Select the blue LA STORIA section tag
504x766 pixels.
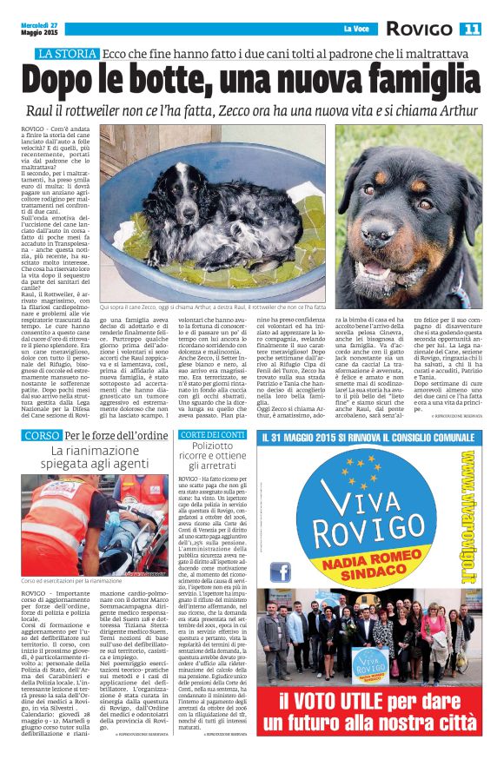pos(66,54)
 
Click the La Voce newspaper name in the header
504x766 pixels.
pos(356,30)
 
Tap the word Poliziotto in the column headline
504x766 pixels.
pos(213,447)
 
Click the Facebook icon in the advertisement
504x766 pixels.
pos(281,571)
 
